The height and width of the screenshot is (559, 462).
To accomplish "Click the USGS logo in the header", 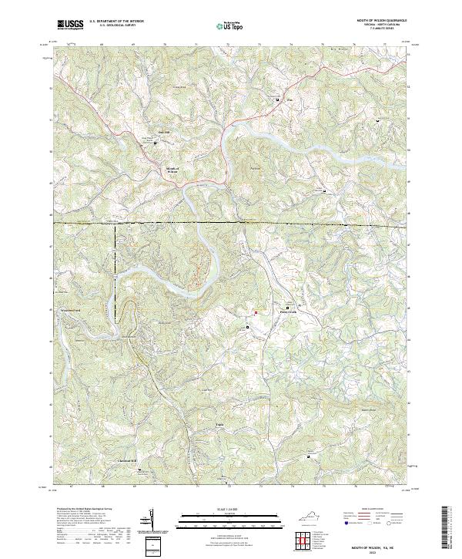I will coord(69,24).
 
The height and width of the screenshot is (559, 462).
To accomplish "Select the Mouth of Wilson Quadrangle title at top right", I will coord(378,20).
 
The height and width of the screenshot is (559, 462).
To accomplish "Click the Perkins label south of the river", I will coord(256,167).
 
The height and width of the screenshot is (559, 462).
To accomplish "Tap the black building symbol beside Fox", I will coord(279,99).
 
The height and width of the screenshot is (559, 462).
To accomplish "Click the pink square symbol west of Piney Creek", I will coord(256,312).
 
